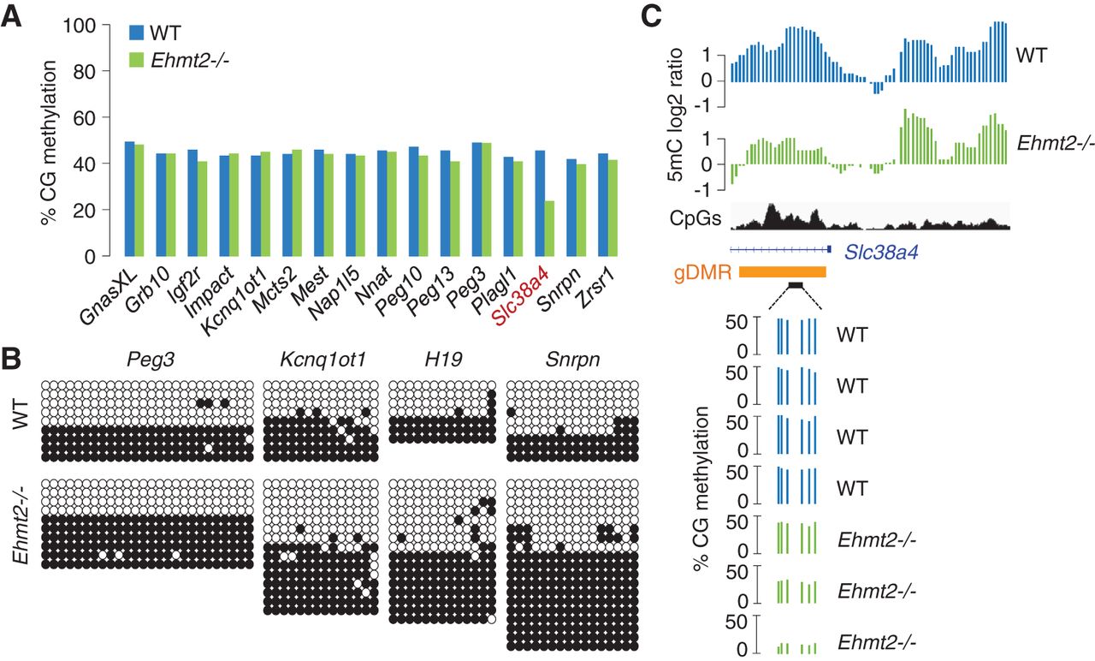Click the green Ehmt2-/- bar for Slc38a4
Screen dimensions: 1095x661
coord(549,229)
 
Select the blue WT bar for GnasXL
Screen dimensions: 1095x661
coord(129,199)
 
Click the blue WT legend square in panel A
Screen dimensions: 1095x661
coord(136,33)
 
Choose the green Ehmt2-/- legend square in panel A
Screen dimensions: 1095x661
coord(136,60)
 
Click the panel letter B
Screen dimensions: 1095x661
coord(11,360)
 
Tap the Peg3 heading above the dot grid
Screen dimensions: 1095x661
coord(150,360)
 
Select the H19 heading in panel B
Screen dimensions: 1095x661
coord(443,360)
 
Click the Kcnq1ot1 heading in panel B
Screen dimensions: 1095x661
coord(323,360)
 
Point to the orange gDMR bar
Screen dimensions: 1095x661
coord(782,272)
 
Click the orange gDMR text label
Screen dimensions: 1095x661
coord(702,273)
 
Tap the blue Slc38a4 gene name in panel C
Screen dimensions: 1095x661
coord(881,253)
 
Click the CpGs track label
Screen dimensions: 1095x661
coord(695,218)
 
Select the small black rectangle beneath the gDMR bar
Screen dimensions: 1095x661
coord(796,285)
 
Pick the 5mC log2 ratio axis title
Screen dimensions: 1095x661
coord(677,115)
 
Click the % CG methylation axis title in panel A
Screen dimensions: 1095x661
coord(49,143)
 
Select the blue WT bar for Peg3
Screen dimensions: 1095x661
coord(476,199)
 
